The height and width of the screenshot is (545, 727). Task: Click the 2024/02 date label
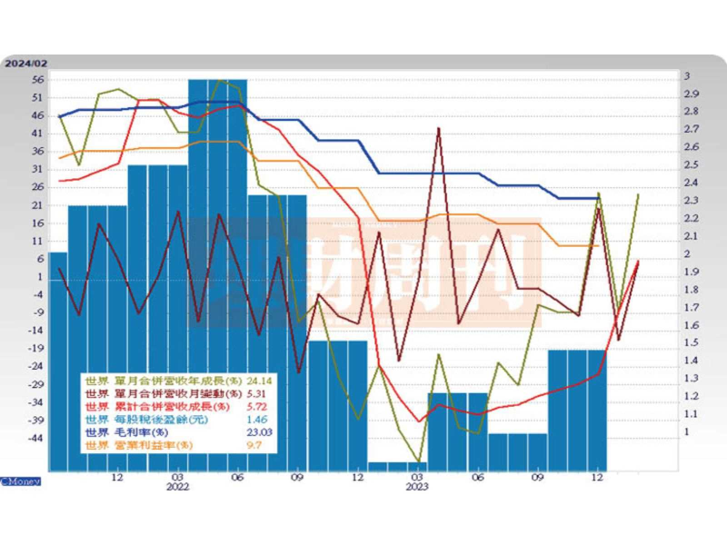[25, 64]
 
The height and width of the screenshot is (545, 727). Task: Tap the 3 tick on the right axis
[687, 76]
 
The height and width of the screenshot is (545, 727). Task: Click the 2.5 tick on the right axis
[692, 165]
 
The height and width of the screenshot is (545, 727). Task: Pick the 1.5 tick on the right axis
[692, 342]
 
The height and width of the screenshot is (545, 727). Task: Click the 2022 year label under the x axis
[178, 488]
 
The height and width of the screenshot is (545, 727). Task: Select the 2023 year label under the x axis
[417, 488]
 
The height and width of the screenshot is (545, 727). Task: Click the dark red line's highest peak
[439, 128]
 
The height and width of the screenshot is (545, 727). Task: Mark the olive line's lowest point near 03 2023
[418, 461]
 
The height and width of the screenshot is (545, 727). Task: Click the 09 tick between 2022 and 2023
[297, 477]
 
